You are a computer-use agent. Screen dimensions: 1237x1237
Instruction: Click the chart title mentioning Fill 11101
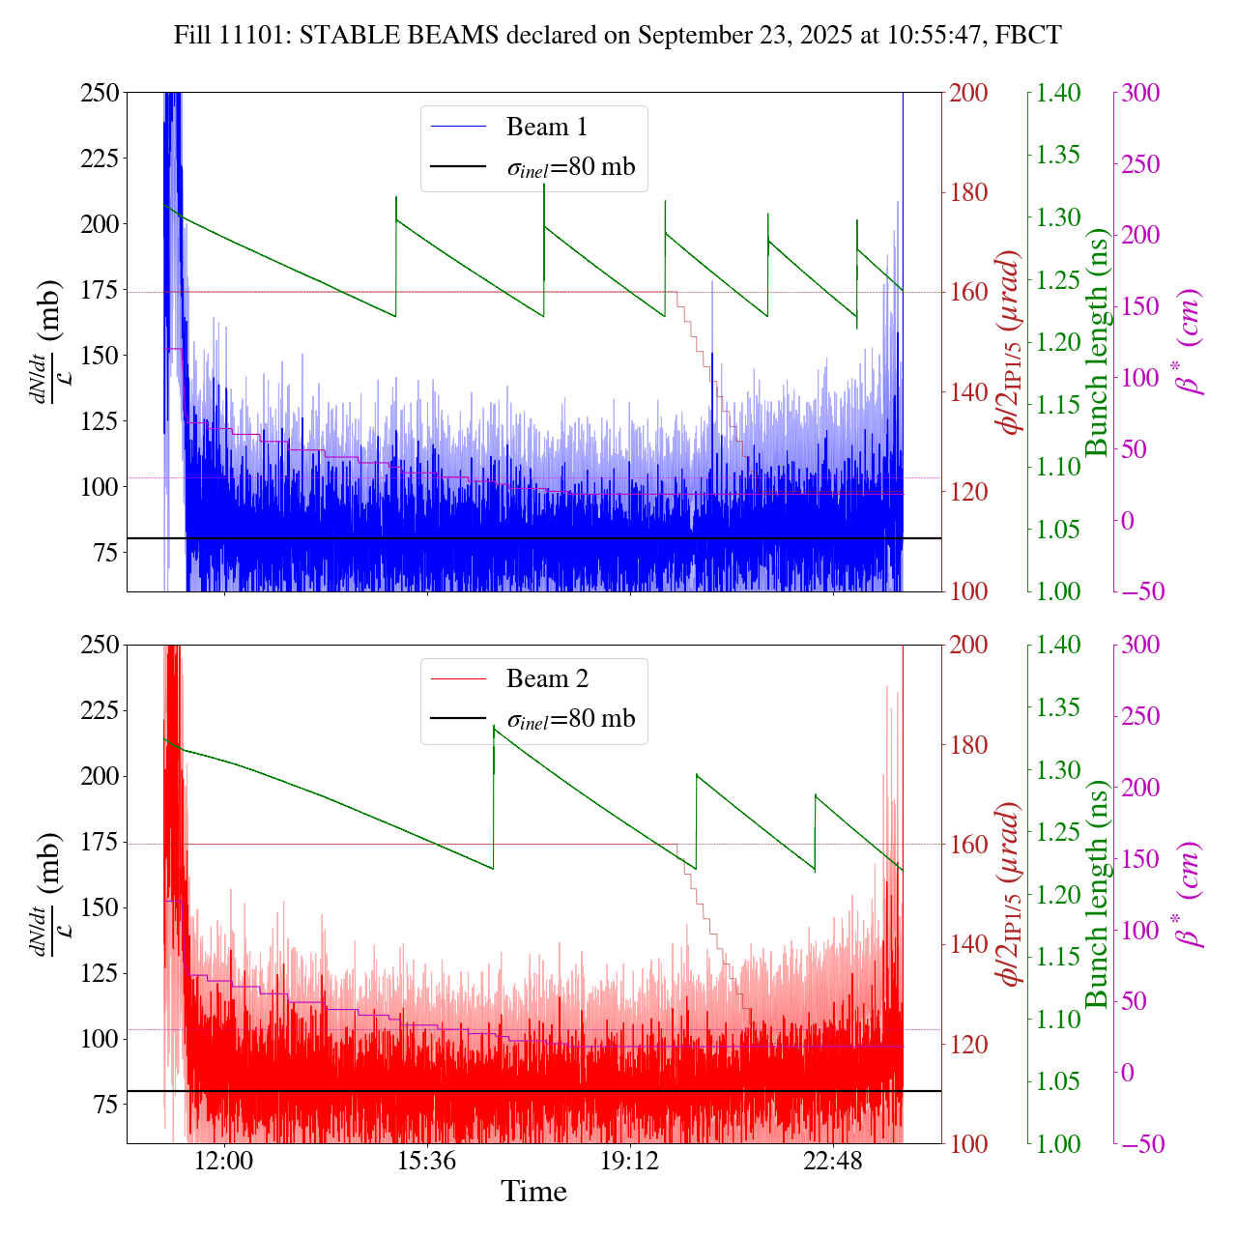(618, 36)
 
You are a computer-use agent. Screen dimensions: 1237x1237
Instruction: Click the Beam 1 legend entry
(546, 127)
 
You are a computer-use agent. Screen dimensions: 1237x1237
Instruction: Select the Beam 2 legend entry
(546, 679)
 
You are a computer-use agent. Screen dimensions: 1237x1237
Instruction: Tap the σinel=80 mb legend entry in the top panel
(571, 167)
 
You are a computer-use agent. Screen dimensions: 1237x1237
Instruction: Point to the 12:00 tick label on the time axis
(224, 1162)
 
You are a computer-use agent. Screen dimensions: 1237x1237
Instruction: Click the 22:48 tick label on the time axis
(833, 1162)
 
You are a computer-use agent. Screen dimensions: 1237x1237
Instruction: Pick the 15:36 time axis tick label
(427, 1162)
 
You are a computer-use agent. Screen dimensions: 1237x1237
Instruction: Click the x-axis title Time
(533, 1193)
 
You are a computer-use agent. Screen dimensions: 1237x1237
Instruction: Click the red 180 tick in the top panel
(968, 192)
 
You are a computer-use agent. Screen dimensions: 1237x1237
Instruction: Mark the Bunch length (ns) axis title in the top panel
(1097, 342)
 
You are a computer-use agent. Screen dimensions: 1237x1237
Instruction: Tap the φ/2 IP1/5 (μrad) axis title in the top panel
(1010, 342)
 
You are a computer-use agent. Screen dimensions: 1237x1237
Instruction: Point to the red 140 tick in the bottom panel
(968, 944)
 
